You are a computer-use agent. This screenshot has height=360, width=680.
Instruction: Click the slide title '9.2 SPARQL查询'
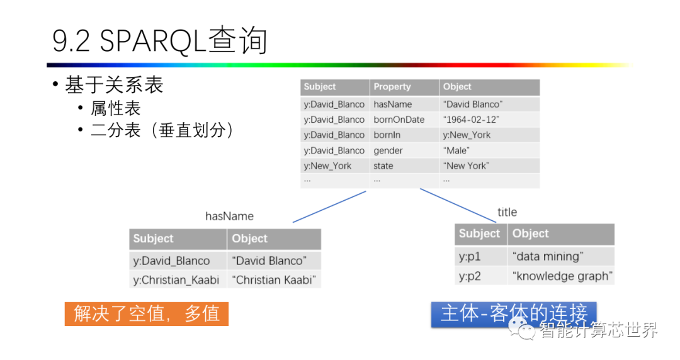[x=160, y=42]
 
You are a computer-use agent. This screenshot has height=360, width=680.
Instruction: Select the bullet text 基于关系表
[x=114, y=86]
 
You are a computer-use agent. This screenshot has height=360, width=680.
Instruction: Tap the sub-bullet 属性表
[x=116, y=108]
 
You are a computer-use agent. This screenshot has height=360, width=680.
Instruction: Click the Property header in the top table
[x=392, y=87]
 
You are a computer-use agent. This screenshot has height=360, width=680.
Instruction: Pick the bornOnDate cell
[x=399, y=120]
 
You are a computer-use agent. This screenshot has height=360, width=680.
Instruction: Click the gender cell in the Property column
[x=388, y=150]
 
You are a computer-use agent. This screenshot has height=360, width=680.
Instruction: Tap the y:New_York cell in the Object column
[x=467, y=135]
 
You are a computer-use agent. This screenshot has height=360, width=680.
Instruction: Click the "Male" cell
[x=456, y=150]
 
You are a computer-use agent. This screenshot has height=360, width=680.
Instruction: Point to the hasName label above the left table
[x=229, y=216]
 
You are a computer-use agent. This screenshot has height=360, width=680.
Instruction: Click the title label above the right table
[x=507, y=212]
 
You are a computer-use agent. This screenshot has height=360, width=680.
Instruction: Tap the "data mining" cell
[x=547, y=256]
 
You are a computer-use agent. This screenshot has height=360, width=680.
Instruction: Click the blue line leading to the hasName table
[x=329, y=207]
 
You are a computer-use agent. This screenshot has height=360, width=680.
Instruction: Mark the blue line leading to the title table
[x=458, y=205]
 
